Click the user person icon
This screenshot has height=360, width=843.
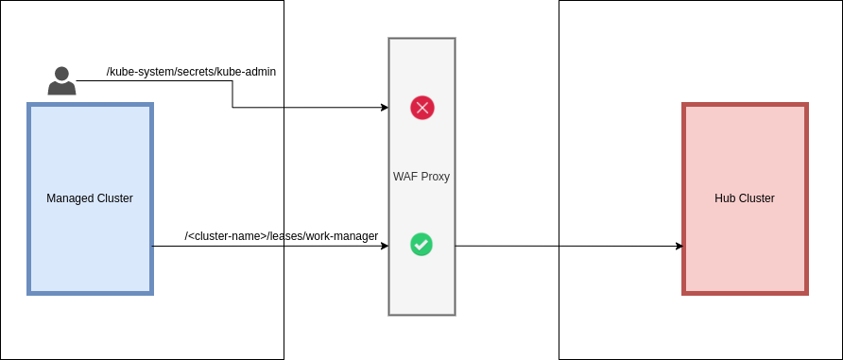click(61, 81)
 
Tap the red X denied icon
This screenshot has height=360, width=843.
click(421, 108)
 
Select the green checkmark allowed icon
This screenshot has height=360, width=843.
click(421, 244)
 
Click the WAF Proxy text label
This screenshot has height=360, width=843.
click(421, 177)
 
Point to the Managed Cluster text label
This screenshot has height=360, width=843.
click(90, 198)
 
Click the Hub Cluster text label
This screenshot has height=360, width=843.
click(745, 198)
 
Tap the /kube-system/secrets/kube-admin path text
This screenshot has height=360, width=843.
click(191, 72)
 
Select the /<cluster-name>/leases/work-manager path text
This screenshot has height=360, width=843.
click(282, 236)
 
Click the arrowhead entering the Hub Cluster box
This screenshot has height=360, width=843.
click(679, 247)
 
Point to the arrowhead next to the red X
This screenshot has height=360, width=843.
click(385, 108)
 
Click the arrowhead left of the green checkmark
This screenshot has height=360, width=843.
click(385, 247)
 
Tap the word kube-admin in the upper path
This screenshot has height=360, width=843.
click(248, 72)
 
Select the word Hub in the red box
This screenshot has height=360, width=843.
click(725, 198)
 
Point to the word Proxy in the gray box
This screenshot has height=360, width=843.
click(435, 177)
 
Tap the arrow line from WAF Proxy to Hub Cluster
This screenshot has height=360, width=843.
click(567, 247)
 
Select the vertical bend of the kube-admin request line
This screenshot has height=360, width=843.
click(232, 94)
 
